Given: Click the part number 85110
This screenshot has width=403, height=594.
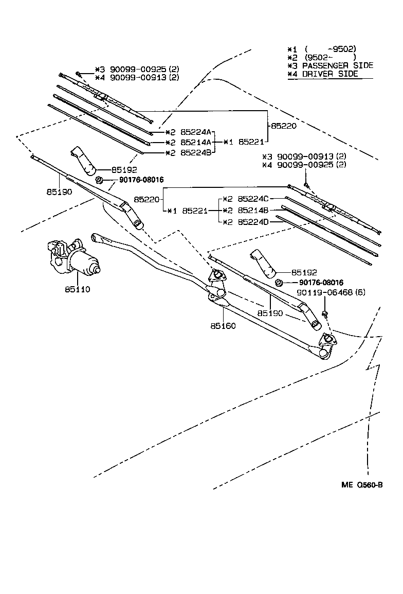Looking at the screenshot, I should [77, 289].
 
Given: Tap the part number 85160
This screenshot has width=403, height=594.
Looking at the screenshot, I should [223, 326].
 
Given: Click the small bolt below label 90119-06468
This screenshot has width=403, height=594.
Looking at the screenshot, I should [325, 313].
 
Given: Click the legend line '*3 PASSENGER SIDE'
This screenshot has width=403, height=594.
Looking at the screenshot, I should [330, 65].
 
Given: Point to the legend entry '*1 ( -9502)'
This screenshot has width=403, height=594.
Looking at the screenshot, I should [322, 48].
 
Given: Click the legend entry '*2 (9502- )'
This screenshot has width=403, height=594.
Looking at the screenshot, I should [322, 57].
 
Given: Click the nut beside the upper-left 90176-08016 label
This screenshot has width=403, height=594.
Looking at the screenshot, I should [100, 180].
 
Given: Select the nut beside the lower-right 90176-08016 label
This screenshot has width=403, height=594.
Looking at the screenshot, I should [279, 283].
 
